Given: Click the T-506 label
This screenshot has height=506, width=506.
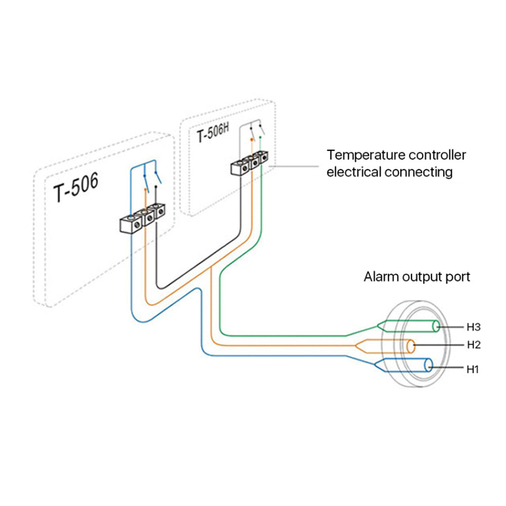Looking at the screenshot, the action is (x=76, y=188).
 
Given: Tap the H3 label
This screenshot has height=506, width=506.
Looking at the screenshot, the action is (x=474, y=327).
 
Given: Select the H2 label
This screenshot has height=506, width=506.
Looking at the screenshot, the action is (x=474, y=345).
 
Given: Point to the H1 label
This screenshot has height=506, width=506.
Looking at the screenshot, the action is (x=473, y=369).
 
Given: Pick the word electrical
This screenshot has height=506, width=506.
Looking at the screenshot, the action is (x=354, y=172).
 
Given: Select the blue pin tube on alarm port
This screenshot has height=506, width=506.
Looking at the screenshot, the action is (x=403, y=365).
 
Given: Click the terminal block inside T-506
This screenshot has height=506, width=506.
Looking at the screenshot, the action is (x=143, y=218).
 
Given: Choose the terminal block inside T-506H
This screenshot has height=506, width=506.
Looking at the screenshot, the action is (x=249, y=163).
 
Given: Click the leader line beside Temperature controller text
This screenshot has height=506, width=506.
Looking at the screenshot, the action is (x=293, y=166).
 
